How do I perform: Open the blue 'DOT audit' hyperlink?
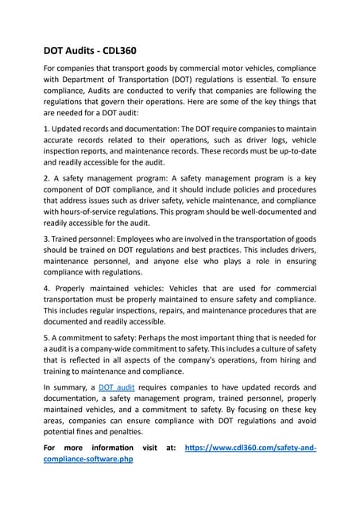click(x=116, y=387)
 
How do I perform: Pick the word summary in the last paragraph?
click(x=73, y=387)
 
